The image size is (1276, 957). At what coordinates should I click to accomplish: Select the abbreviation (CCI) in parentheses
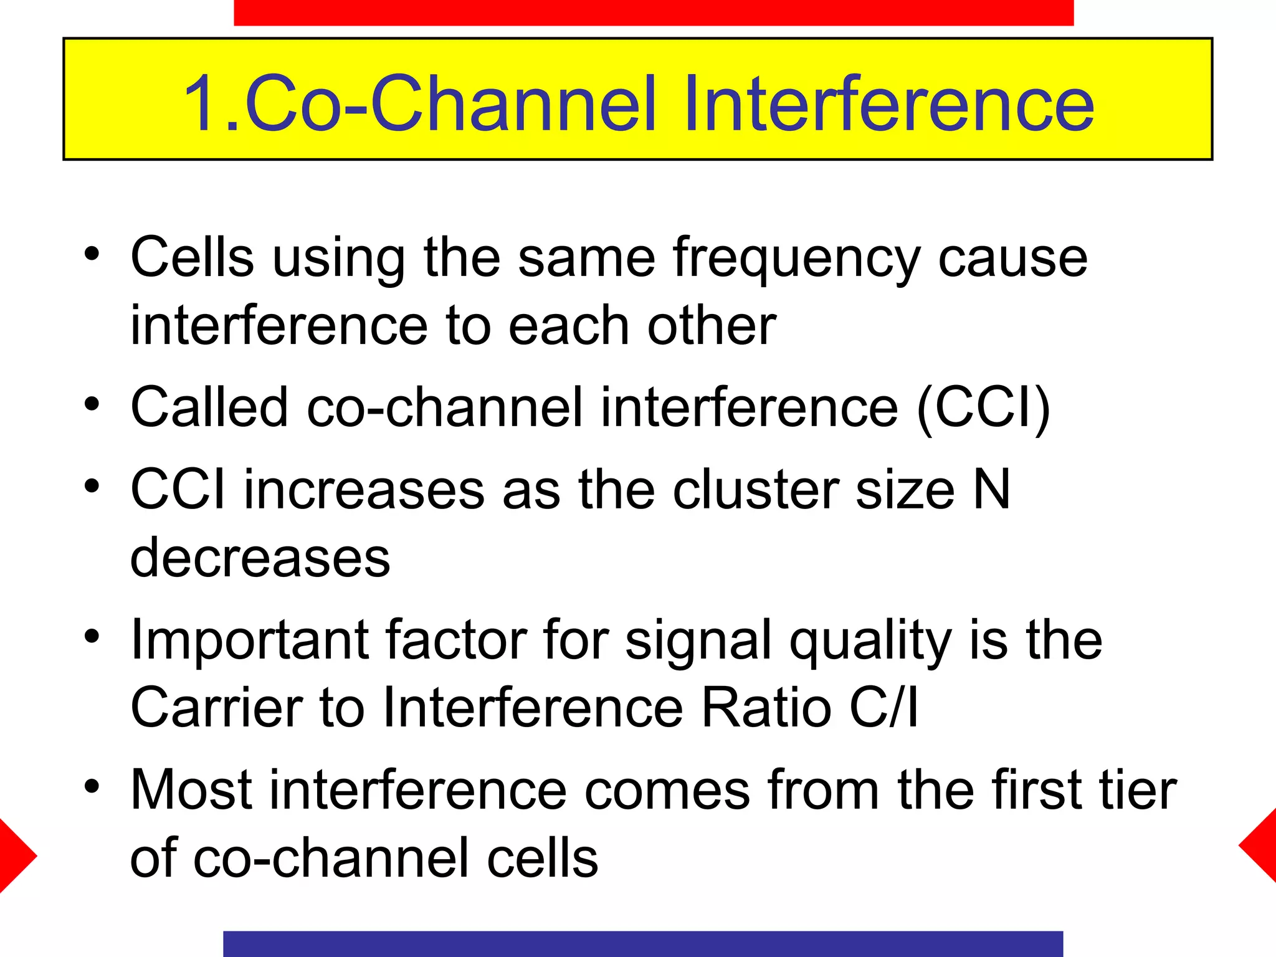[x=983, y=408]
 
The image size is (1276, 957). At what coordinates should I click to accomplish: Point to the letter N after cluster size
[x=991, y=490]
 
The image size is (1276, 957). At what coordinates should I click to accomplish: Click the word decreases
[x=260, y=557]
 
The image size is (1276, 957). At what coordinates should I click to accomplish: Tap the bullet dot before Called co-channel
[x=92, y=404]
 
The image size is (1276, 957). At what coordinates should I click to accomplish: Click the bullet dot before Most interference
[x=92, y=786]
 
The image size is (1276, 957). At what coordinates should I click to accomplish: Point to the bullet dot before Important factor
[x=92, y=636]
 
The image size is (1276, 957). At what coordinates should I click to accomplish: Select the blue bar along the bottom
[x=642, y=943]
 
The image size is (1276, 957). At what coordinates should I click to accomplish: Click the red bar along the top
[x=653, y=12]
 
